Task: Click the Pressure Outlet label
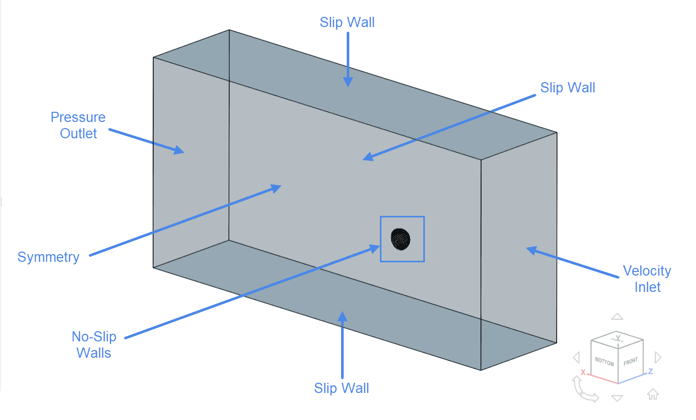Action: (x=78, y=125)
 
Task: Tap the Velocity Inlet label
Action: (x=647, y=279)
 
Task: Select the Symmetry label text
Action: (x=49, y=257)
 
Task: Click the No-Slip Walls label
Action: (x=94, y=344)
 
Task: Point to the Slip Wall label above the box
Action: (x=347, y=22)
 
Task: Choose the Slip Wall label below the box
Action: (x=342, y=388)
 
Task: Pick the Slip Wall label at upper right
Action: (x=568, y=88)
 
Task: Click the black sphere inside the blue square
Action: (x=400, y=239)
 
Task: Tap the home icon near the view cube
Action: (x=653, y=394)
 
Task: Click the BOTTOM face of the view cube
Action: (x=605, y=361)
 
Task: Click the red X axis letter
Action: (x=583, y=373)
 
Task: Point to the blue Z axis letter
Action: (x=651, y=371)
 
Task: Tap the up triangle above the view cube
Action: (x=617, y=316)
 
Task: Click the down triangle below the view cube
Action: (x=617, y=398)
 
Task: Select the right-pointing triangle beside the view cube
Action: (x=658, y=357)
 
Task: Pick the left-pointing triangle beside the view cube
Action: (x=577, y=357)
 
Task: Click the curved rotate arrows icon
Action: (x=585, y=390)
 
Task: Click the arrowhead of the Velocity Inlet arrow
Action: (x=531, y=250)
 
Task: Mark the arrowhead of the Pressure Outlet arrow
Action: (x=180, y=151)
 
